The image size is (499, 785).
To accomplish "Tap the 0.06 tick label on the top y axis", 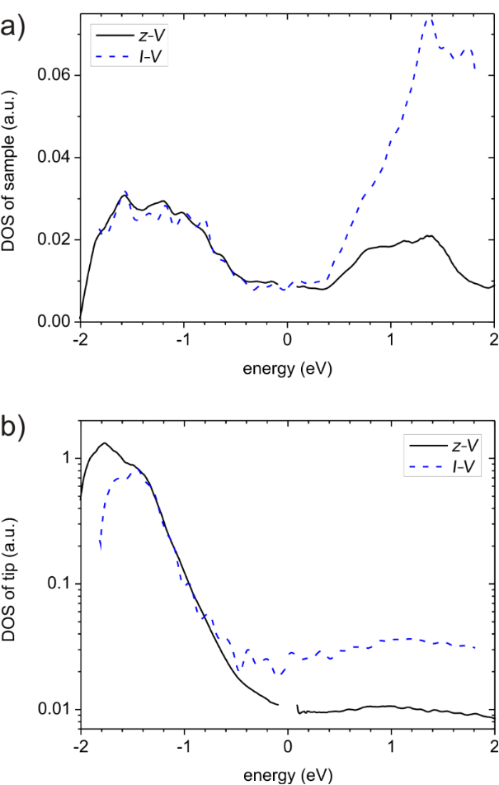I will (x=55, y=76).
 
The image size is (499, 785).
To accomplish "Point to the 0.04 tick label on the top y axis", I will (x=55, y=158).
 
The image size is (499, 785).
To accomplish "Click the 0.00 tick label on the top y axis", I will (x=55, y=322).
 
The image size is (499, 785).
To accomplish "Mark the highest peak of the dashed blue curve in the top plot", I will (x=429, y=17).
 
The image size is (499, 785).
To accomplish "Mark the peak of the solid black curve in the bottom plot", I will (x=105, y=443).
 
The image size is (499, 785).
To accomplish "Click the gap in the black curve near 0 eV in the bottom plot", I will (x=288, y=707).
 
